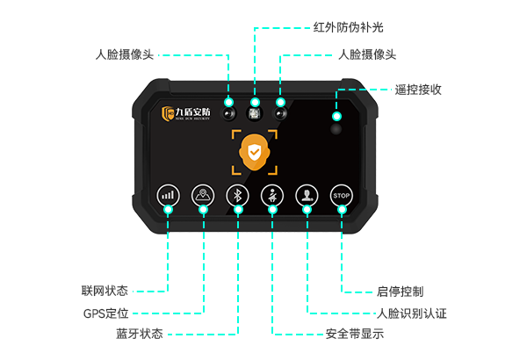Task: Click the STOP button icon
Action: [x=342, y=195]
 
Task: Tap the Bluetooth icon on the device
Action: [x=236, y=195]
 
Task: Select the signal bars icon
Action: [x=166, y=195]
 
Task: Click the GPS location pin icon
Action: [x=202, y=195]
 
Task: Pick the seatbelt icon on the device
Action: [x=271, y=195]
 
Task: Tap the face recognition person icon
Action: [x=307, y=195]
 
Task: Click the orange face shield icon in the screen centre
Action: [x=255, y=153]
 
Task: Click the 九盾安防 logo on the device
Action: [x=185, y=112]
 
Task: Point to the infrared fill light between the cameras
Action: [x=255, y=113]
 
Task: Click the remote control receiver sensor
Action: [x=336, y=128]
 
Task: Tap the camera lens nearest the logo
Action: [x=228, y=113]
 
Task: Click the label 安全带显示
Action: [x=355, y=335]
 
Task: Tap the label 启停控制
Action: [x=401, y=291]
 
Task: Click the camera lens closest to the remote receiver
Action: [x=281, y=113]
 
